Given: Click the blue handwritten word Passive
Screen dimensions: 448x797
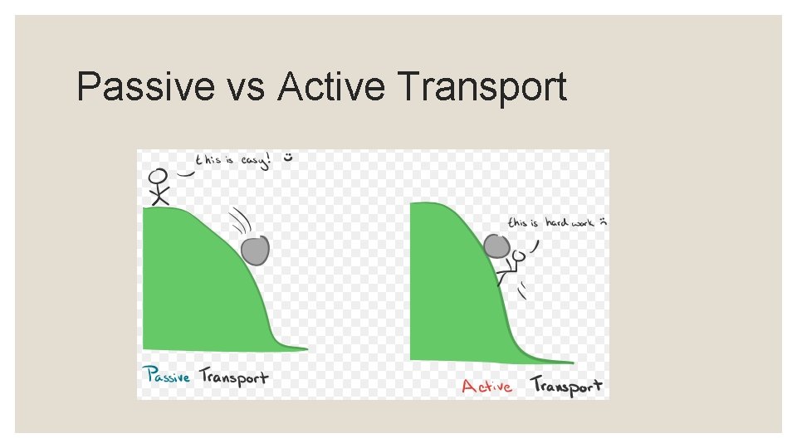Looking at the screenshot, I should coord(169,376).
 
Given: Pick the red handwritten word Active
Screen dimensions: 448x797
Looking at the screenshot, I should coord(487,386).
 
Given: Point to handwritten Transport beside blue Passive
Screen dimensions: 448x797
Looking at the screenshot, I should coord(233,377).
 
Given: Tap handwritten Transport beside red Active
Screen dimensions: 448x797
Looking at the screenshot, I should coord(566,386).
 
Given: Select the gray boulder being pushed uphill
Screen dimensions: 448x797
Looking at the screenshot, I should coord(496,246).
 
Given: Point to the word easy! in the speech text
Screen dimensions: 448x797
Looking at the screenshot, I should coord(254,159).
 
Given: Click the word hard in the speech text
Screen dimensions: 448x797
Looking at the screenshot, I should coord(557,222).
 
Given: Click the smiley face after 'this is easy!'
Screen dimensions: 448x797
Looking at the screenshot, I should coord(288,156).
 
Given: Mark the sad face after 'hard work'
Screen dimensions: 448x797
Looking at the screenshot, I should coord(604,222).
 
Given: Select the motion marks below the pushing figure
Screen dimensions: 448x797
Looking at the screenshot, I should coord(524,290).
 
